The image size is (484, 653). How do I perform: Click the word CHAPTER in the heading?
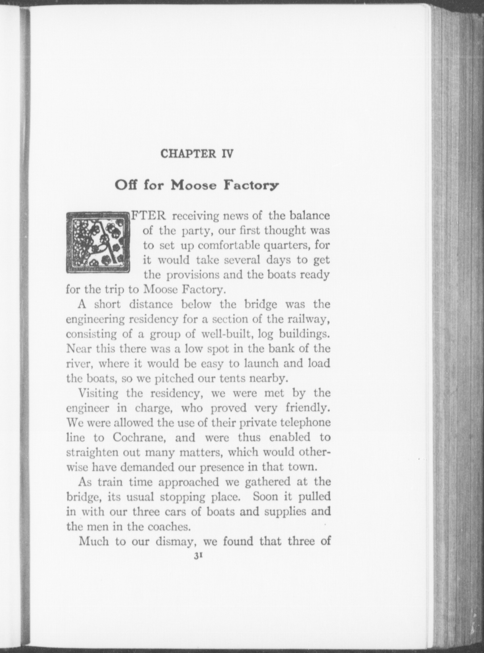[x=188, y=154]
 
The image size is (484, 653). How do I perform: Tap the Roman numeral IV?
[x=227, y=154]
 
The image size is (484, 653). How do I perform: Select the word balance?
[x=309, y=216]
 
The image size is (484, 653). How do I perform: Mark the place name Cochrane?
[x=137, y=437]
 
